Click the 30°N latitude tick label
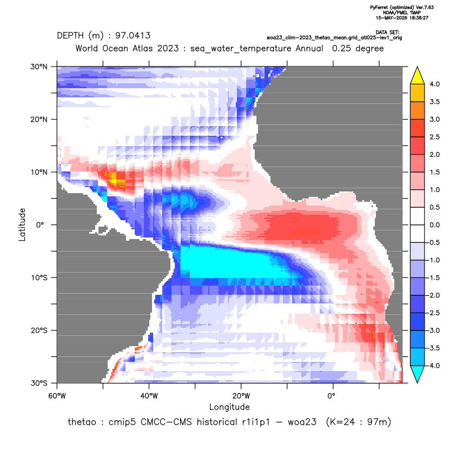39,67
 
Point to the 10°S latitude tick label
39,278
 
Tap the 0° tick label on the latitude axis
40,225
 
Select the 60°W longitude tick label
57,396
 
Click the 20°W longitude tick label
241,396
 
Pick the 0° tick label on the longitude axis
332,396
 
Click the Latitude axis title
22,224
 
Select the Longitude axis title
229,407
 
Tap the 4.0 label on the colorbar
434,84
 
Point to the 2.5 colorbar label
434,137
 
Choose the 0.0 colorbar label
434,225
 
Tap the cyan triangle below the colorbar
418,373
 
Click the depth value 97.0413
133,36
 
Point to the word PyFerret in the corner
379,8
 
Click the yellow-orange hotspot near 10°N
115,180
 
